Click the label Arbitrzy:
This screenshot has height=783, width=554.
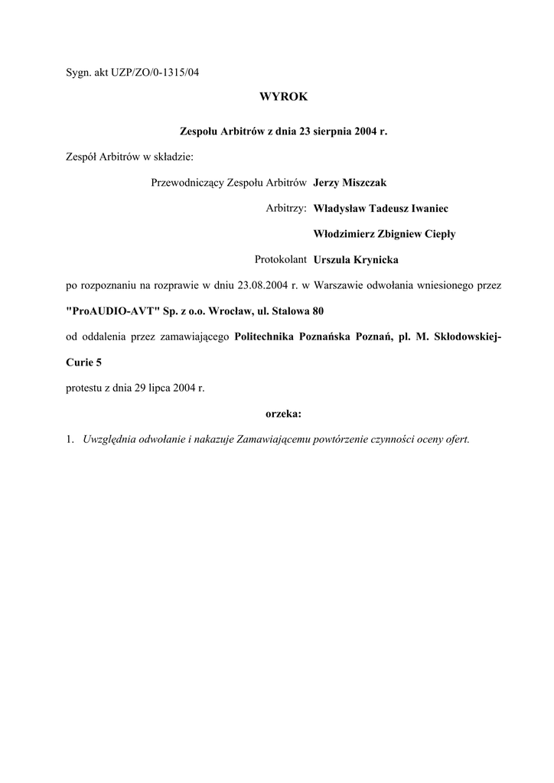pyautogui.click(x=286, y=209)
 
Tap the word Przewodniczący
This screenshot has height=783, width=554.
pyautogui.click(x=184, y=183)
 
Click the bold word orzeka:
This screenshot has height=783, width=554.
pyautogui.click(x=283, y=414)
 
